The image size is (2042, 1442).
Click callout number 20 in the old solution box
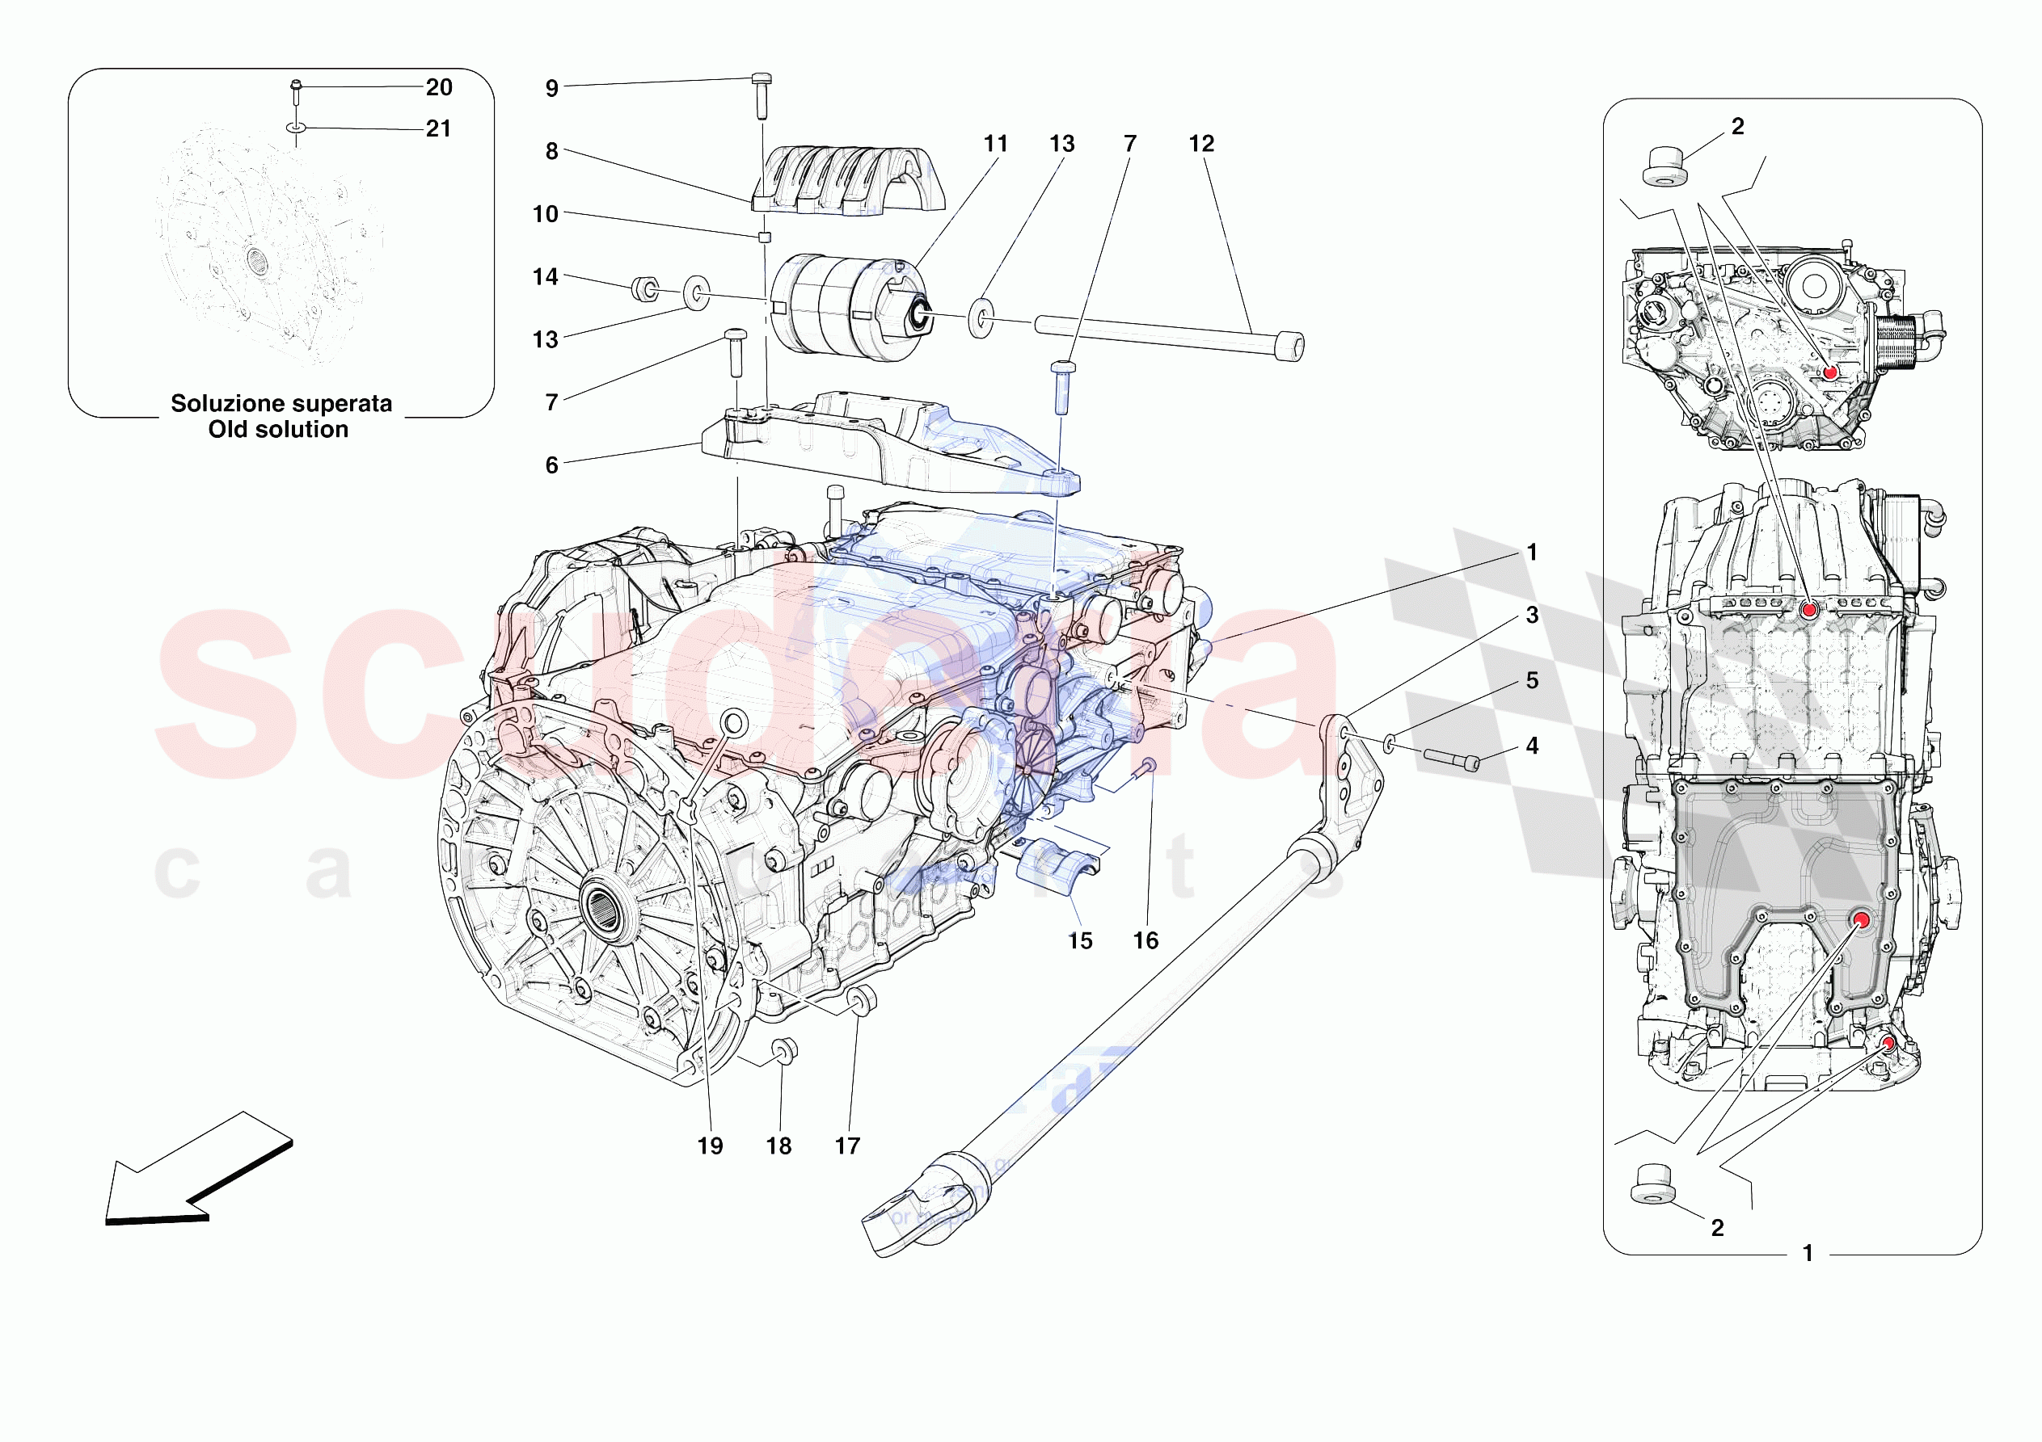pos(438,87)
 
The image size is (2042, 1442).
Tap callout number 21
pos(438,129)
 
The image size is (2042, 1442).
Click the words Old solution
pos(278,430)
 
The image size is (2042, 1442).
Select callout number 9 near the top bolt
pos(551,88)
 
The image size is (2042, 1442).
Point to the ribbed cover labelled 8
pos(845,183)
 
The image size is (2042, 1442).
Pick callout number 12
pos(1200,143)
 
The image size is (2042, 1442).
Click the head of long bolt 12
pos(1289,345)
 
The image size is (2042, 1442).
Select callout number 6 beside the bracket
pos(551,465)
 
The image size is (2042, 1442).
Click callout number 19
pos(710,1146)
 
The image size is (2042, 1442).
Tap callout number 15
pos(1080,940)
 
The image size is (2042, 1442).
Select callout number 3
pos(1531,616)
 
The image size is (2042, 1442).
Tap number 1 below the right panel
pos(1808,1253)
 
